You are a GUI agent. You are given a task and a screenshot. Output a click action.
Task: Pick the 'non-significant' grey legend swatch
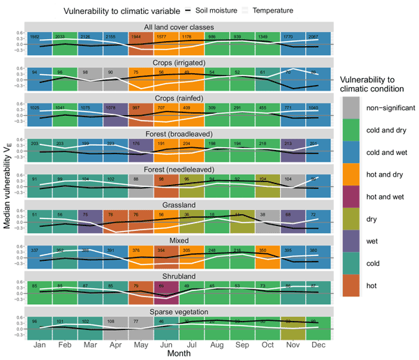(352, 107)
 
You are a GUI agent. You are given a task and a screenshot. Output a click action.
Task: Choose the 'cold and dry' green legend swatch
(352, 128)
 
